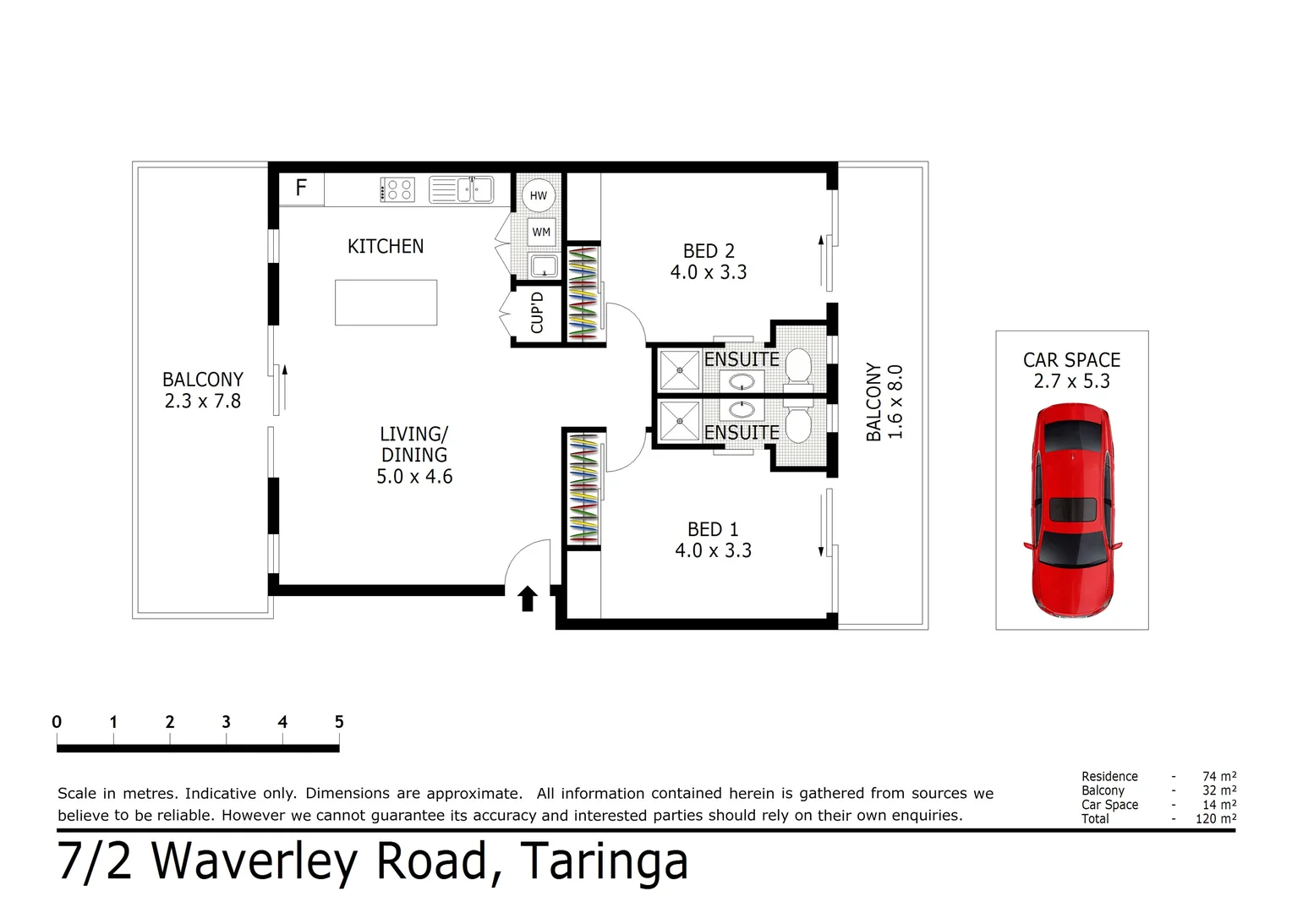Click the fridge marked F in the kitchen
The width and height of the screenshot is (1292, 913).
pos(301,189)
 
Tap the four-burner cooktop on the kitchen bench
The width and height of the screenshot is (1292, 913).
pos(397,189)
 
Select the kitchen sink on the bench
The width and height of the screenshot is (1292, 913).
pos(462,189)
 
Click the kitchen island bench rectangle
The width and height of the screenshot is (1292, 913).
pos(386,303)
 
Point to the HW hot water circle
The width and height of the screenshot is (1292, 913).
pos(538,195)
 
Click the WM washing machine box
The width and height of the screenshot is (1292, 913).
pos(541,232)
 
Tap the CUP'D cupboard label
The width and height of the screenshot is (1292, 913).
pos(537,313)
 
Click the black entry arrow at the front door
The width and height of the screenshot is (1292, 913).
pos(528,599)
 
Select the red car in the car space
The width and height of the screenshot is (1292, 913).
pos(1071,510)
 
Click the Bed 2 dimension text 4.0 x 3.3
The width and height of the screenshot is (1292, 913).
pos(709,272)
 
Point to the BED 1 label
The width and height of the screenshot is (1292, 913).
pos(713,529)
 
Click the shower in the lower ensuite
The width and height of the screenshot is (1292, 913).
pos(679,420)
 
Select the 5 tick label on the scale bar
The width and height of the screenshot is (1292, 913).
pos(339,722)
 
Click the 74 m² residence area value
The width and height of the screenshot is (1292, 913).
pos(1218,776)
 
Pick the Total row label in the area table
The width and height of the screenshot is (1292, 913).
pos(1095,818)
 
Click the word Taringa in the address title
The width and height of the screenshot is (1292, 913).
pos(604,862)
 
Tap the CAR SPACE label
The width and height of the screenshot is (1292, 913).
pos(1071,360)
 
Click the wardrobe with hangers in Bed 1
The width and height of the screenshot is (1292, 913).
pos(583,489)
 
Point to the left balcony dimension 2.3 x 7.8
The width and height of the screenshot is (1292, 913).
pos(203,402)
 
